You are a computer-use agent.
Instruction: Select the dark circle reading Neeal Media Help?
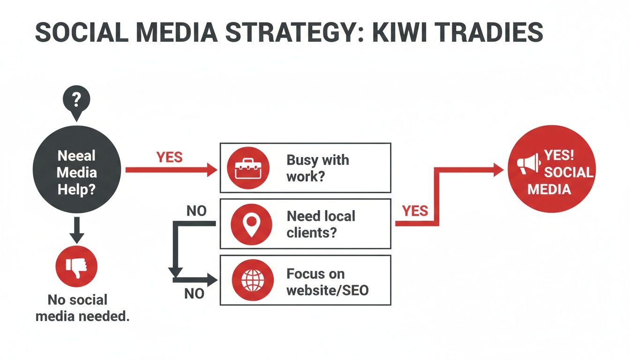click(x=77, y=172)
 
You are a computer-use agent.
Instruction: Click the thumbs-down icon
click(x=76, y=267)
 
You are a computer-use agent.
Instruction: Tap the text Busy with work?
click(x=317, y=167)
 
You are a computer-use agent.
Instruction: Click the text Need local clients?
click(x=321, y=224)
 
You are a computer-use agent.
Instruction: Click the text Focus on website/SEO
click(x=327, y=281)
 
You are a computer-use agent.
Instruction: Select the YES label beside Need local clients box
click(x=415, y=211)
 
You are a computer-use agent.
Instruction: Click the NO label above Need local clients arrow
click(x=196, y=211)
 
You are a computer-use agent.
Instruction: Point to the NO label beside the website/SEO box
click(x=194, y=294)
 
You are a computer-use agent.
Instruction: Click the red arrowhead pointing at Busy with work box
click(x=212, y=169)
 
